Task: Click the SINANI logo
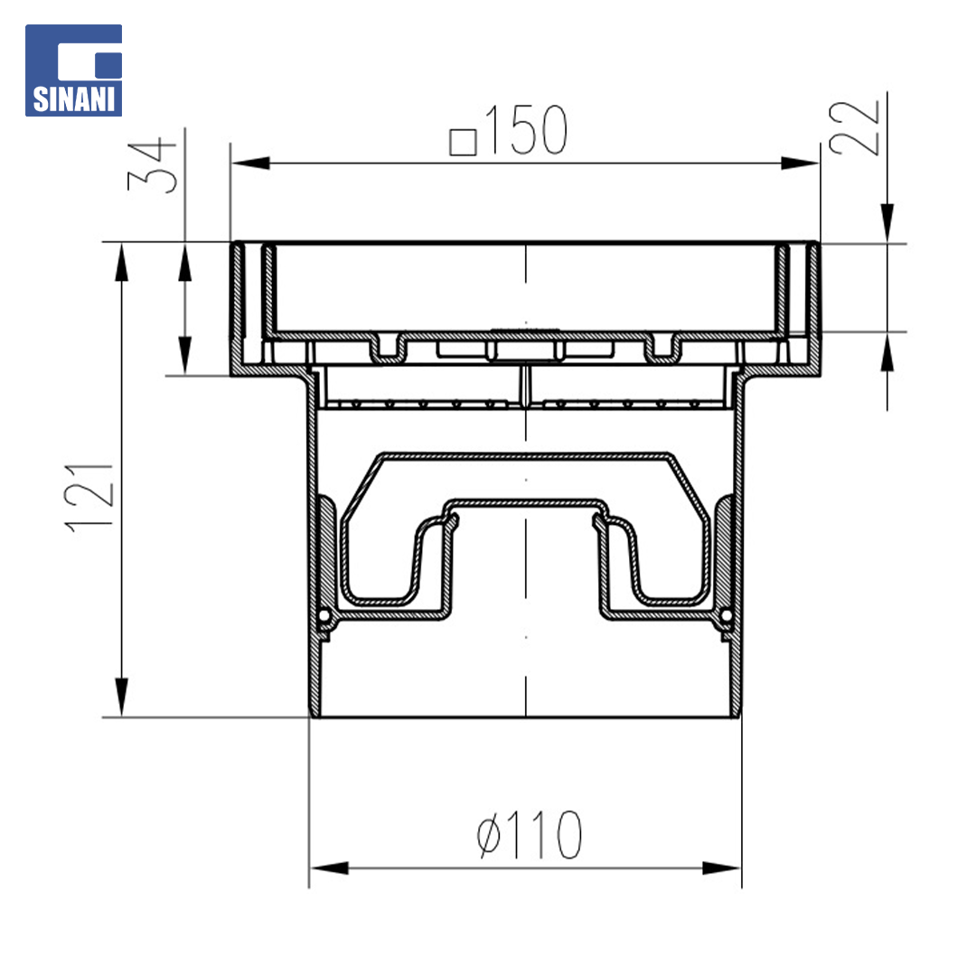[x=73, y=70]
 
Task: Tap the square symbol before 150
[x=463, y=142]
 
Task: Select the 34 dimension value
[x=152, y=165]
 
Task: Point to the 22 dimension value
[x=854, y=127]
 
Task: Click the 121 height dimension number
[x=89, y=497]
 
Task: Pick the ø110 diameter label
[x=530, y=835]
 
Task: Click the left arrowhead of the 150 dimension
[x=250, y=163]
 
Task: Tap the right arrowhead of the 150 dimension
[x=801, y=163]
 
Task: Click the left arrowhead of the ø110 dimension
[x=329, y=868]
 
